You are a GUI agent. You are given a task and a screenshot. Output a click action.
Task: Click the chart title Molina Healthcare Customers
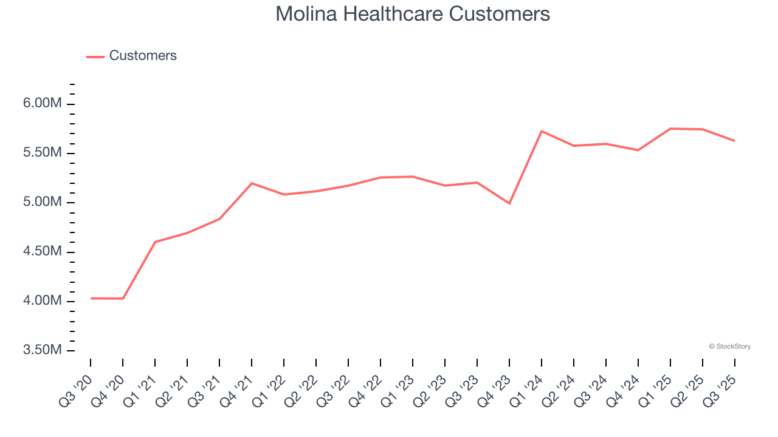413,14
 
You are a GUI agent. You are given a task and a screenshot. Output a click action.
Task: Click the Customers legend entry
142,56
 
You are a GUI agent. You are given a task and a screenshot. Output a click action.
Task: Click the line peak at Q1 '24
542,131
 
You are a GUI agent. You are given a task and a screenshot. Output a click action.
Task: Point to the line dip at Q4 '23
509,203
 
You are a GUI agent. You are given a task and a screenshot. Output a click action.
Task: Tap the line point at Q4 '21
252,183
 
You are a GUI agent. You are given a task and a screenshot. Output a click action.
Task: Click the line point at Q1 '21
155,242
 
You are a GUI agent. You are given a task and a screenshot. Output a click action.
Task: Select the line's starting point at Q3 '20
91,298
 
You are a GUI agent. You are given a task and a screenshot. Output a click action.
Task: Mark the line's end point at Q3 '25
734,141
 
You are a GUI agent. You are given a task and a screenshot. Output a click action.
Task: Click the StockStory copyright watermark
729,347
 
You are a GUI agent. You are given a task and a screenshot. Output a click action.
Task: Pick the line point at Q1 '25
670,129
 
